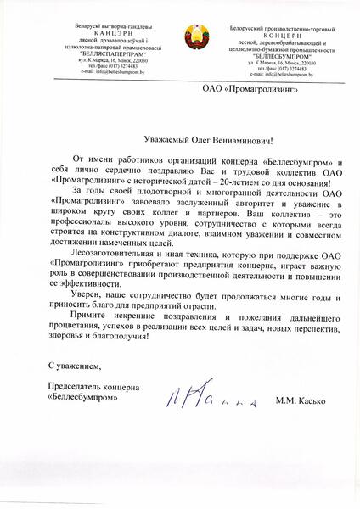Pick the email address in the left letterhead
91,74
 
